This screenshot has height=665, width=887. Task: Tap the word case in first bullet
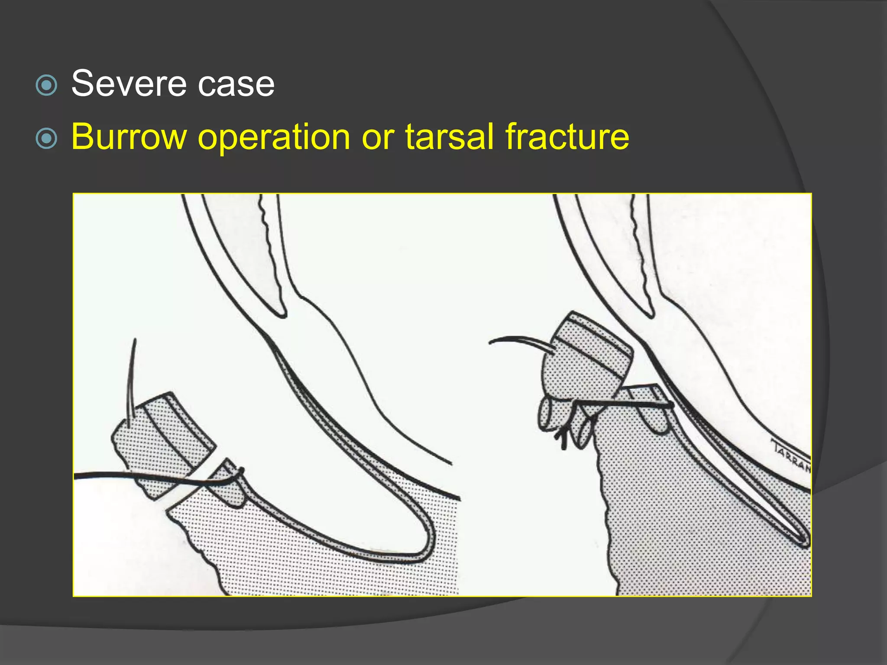pyautogui.click(x=236, y=84)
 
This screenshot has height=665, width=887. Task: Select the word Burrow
pyautogui.click(x=129, y=137)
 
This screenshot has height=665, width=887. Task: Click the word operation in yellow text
pyautogui.click(x=274, y=138)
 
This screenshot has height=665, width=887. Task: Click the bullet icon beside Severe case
pyautogui.click(x=46, y=85)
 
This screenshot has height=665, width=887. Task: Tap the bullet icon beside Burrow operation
pyautogui.click(x=46, y=139)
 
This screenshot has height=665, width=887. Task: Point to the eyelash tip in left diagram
pyautogui.click(x=135, y=341)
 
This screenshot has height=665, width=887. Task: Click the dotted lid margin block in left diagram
pyautogui.click(x=162, y=446)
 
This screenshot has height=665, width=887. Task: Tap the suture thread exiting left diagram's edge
pyautogui.click(x=78, y=476)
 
